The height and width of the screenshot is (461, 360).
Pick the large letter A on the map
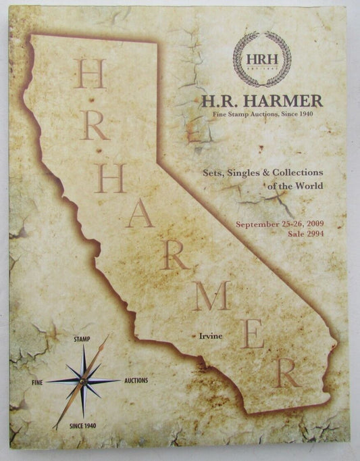(140, 215)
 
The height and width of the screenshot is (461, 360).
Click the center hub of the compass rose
(82, 381)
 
